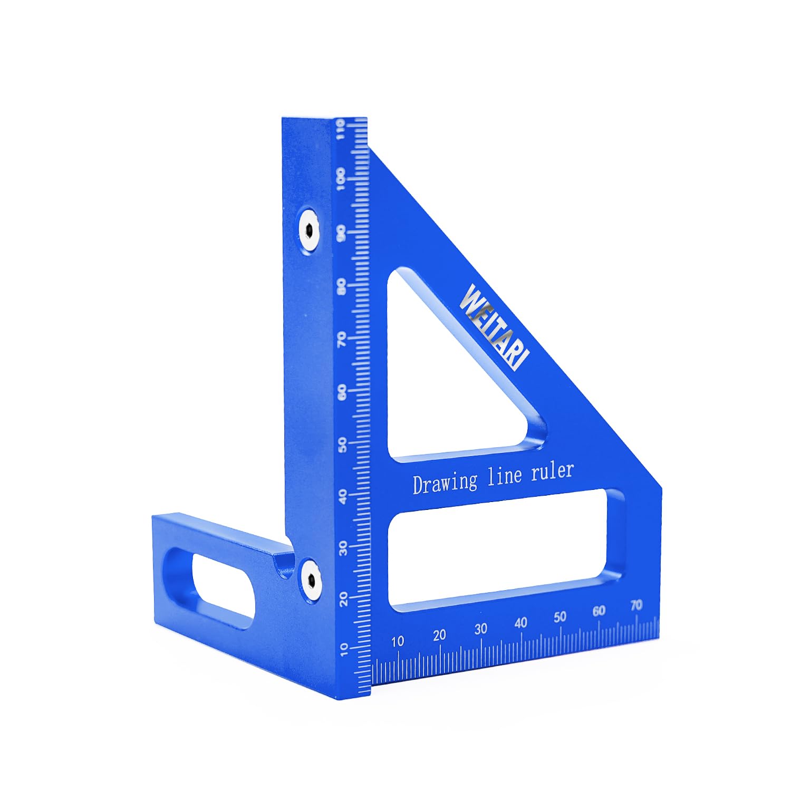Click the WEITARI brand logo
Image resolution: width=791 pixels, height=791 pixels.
(x=494, y=327)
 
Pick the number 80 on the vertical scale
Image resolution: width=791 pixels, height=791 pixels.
(x=342, y=287)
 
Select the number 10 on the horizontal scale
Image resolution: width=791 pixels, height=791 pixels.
(x=398, y=641)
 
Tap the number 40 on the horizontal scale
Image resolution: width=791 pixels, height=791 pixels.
(x=520, y=623)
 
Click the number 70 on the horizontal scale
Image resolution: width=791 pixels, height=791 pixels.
(x=636, y=605)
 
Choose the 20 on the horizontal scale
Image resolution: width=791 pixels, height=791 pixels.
(x=439, y=635)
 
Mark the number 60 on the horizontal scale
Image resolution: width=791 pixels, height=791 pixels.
(x=599, y=611)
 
